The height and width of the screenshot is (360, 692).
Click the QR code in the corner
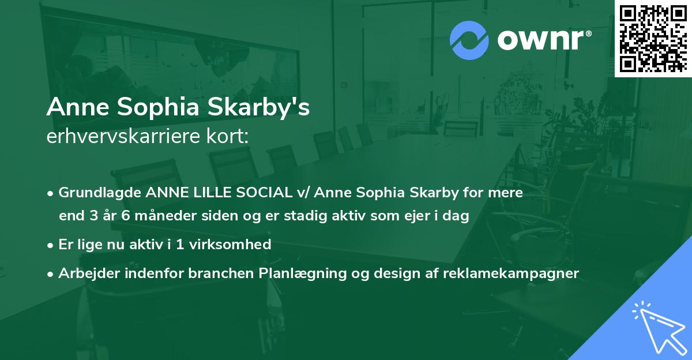tap(652, 38)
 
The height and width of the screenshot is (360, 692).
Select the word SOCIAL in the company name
tap(270, 193)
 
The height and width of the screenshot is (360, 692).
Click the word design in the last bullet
tap(395, 273)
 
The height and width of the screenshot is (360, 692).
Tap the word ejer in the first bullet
tap(398, 216)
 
